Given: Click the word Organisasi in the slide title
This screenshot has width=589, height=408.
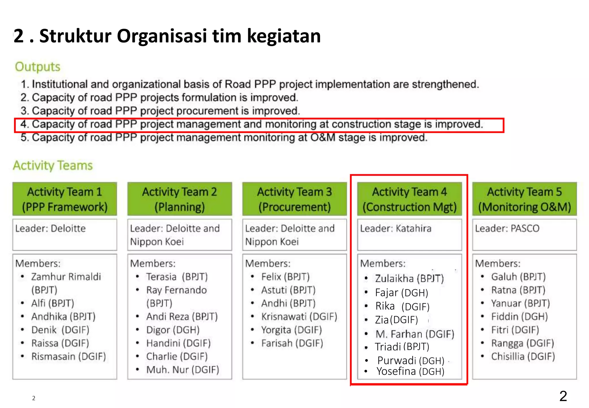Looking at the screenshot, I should click(162, 36).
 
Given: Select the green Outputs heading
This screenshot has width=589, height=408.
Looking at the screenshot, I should click(38, 67).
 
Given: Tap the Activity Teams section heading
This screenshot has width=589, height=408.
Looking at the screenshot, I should click(53, 165).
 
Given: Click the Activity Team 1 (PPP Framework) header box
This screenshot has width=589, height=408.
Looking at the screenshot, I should click(65, 199).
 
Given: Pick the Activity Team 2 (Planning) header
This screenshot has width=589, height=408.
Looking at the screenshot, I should click(179, 199).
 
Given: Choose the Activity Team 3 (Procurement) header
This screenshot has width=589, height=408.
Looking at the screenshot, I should click(294, 199).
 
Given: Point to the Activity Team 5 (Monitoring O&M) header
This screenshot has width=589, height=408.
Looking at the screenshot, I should click(524, 199).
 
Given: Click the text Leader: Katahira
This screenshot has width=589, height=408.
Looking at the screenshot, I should click(395, 228).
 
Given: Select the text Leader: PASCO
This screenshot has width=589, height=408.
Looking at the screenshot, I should click(507, 228).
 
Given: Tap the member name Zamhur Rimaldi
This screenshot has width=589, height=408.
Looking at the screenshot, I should click(66, 277).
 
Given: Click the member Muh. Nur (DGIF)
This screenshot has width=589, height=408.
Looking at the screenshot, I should click(182, 370).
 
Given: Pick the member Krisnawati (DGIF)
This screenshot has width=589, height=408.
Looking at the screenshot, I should click(299, 317).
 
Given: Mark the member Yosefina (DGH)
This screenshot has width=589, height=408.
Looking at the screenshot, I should click(410, 371).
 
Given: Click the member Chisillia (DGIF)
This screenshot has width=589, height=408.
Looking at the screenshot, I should click(523, 356).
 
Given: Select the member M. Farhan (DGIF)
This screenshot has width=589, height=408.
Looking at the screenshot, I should click(414, 334).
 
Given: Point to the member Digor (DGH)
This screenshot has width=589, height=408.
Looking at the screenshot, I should click(173, 330).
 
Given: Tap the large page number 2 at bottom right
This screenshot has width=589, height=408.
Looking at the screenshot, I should click(563, 396).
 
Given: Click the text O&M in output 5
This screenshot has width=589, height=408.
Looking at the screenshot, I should click(323, 138).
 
